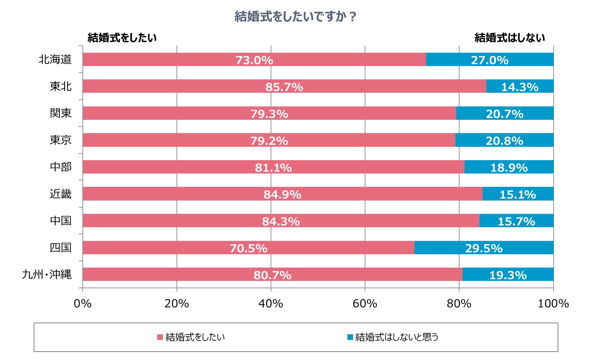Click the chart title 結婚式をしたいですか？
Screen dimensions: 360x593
tap(296, 16)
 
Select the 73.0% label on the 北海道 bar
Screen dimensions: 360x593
tap(254, 60)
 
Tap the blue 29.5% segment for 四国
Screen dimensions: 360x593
tap(484, 248)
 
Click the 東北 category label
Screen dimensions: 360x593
tap(61, 86)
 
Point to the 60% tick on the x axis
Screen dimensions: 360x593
tap(365, 304)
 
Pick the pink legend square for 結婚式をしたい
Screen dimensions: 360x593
tap(160, 337)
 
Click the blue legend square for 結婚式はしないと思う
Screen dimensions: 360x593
tap(350, 337)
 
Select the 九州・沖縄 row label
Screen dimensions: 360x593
tap(47, 274)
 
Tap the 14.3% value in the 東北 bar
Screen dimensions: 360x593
tap(520, 87)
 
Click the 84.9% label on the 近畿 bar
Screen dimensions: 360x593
tap(282, 195)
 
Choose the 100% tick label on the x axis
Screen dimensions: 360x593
tap(553, 304)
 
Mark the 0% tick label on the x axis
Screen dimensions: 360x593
tap(83, 304)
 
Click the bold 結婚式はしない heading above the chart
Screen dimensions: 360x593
tap(510, 38)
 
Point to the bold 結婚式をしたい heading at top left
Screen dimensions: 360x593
tap(122, 38)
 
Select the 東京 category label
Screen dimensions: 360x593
tap(61, 140)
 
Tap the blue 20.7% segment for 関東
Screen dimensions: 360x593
tap(505, 114)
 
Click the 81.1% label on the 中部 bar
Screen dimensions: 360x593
tap(273, 167)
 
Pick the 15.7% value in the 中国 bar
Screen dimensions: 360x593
tap(516, 221)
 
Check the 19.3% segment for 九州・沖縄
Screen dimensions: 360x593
tap(508, 275)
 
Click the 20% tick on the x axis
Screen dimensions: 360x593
tap(177, 304)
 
